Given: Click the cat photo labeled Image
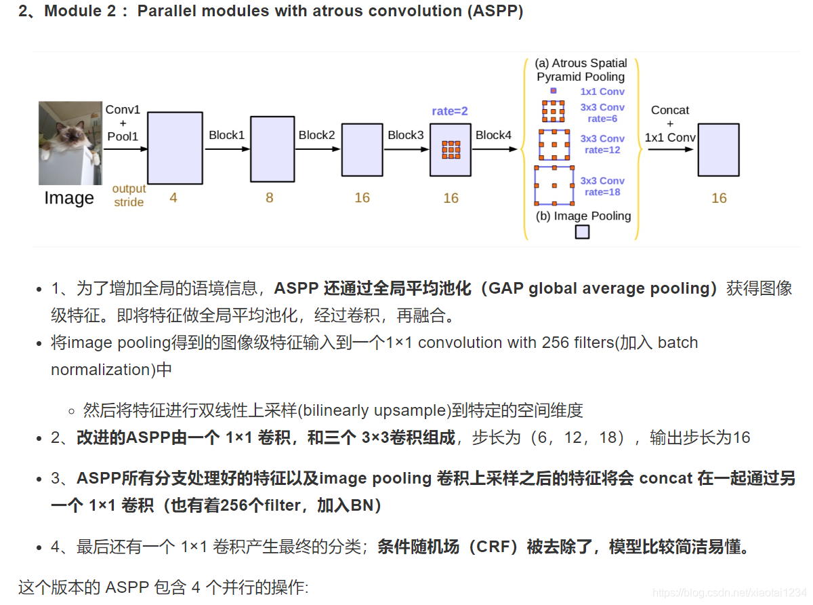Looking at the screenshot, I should point(70,142).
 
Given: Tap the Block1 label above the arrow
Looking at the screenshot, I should point(226,135).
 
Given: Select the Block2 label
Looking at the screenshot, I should point(316,135).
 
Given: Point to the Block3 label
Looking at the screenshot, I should point(405,135).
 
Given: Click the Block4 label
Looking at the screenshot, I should point(493,135).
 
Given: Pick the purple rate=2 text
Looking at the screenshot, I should point(450,111).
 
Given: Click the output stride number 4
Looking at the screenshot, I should point(173,198).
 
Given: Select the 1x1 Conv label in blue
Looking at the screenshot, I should point(602,92).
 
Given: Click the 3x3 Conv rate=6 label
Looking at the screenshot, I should point(602,113).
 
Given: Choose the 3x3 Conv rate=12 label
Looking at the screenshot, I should point(602,144).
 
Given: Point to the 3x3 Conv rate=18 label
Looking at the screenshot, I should point(602,186).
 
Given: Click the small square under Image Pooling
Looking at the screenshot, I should point(582,232).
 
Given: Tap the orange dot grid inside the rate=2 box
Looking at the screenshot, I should point(451,149).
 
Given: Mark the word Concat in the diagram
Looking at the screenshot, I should point(670,110).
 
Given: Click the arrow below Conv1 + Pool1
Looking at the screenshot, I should point(125,149).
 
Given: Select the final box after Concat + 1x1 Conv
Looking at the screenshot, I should point(718,151).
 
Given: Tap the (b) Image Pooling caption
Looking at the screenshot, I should point(583,216).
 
